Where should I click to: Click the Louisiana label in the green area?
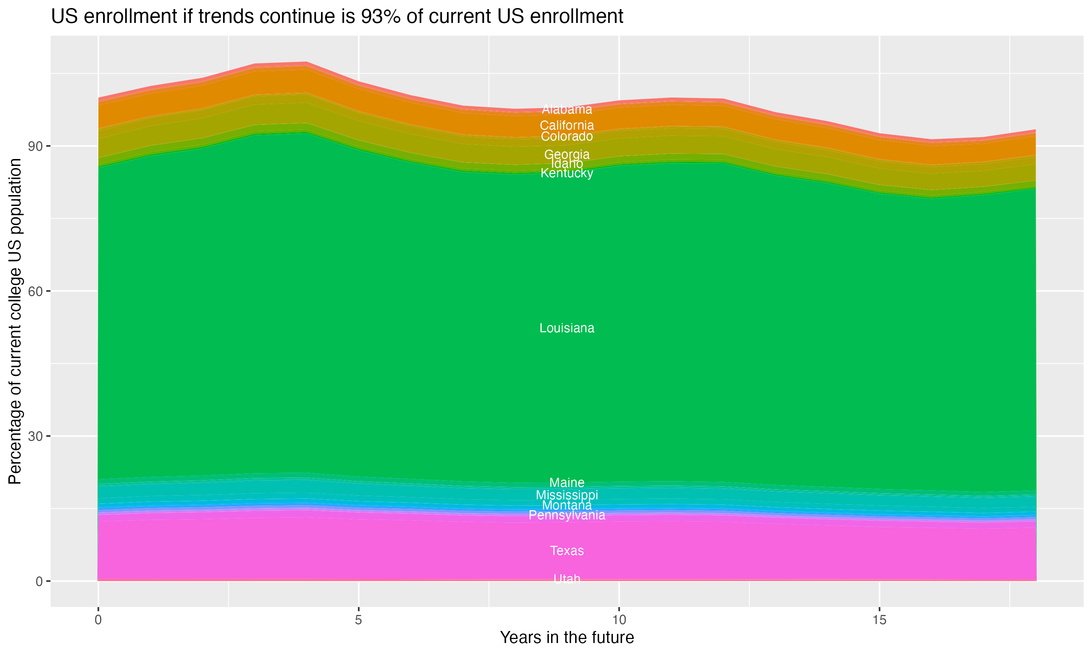click(567, 328)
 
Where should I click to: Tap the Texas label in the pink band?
click(567, 551)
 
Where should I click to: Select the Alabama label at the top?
click(567, 109)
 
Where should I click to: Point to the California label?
click(567, 125)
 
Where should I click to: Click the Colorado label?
click(567, 136)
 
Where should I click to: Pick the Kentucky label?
click(567, 173)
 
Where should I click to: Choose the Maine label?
click(567, 483)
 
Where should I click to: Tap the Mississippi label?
click(567, 495)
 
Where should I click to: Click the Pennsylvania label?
click(567, 515)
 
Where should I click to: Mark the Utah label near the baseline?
click(567, 579)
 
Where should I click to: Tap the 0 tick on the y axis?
click(39, 581)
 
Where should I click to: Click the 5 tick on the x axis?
click(359, 620)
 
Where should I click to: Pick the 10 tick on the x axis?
click(619, 620)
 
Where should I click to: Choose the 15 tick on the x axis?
click(879, 620)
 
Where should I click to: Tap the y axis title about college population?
click(15, 321)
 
